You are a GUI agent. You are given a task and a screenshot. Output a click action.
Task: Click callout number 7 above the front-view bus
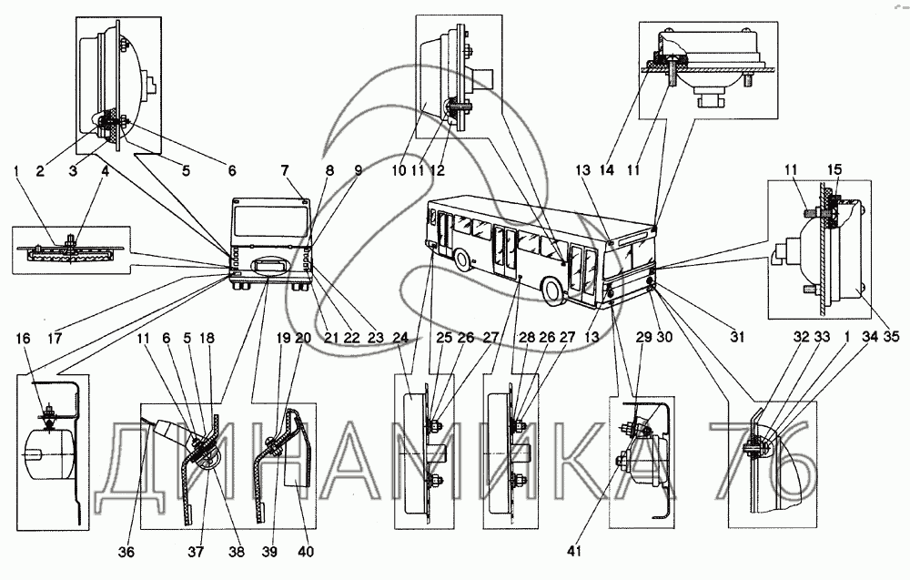tap(284, 170)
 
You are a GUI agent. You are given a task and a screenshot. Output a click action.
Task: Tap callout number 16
tap(24, 338)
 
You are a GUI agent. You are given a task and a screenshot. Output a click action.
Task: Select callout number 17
tap(56, 338)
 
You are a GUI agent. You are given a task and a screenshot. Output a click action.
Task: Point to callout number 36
tap(126, 552)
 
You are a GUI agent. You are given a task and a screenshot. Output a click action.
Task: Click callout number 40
tap(305, 552)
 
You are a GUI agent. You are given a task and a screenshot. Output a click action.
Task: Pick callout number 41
tap(574, 550)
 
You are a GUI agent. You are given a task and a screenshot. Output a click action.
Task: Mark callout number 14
tap(607, 170)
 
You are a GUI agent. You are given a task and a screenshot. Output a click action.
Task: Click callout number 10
tap(399, 170)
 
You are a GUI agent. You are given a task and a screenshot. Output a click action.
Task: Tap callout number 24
tap(400, 338)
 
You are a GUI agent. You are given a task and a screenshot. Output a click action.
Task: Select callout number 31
tap(737, 337)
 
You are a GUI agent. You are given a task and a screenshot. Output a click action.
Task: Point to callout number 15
tap(834, 170)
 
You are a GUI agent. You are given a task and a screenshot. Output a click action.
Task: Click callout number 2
tap(39, 170)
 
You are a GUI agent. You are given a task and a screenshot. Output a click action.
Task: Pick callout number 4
tap(105, 170)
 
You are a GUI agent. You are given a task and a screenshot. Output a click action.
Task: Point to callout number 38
tap(237, 552)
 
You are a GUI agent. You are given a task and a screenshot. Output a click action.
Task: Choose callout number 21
tap(331, 338)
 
